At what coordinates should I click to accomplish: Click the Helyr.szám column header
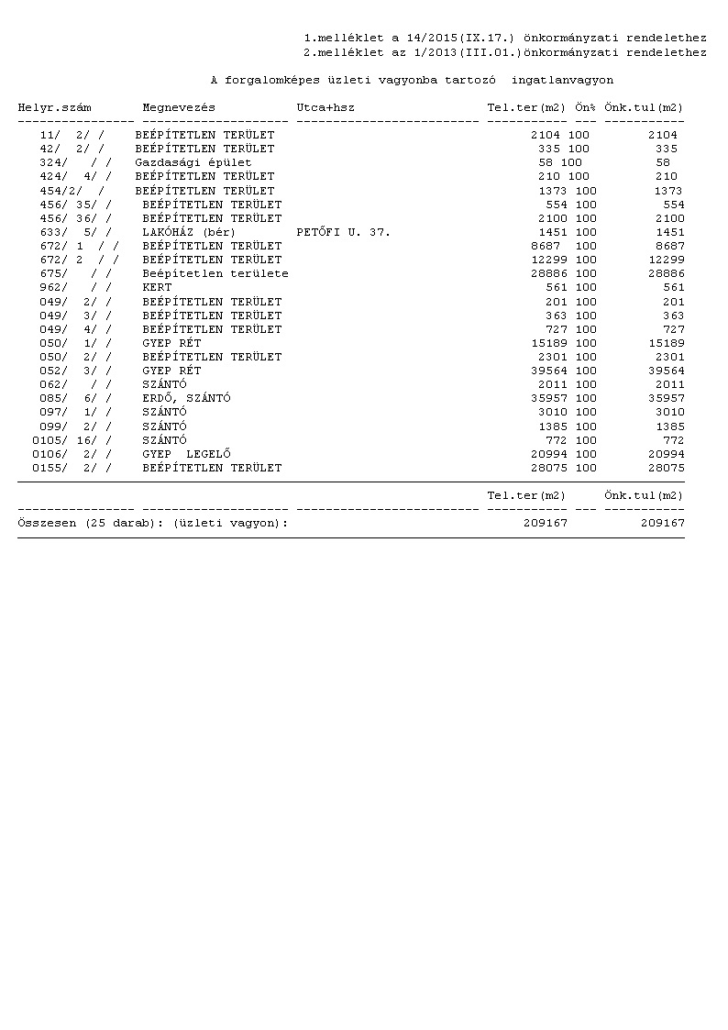[x=54, y=108]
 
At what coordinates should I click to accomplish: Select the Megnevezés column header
[x=179, y=108]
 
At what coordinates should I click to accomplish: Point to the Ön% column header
[x=586, y=108]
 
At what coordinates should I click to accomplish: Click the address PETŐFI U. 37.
[x=344, y=233]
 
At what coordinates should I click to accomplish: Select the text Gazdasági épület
[x=193, y=162]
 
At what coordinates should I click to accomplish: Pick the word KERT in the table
[x=157, y=288]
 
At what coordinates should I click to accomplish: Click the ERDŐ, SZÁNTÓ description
[x=186, y=399]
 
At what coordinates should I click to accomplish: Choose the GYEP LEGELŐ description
[x=186, y=454]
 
